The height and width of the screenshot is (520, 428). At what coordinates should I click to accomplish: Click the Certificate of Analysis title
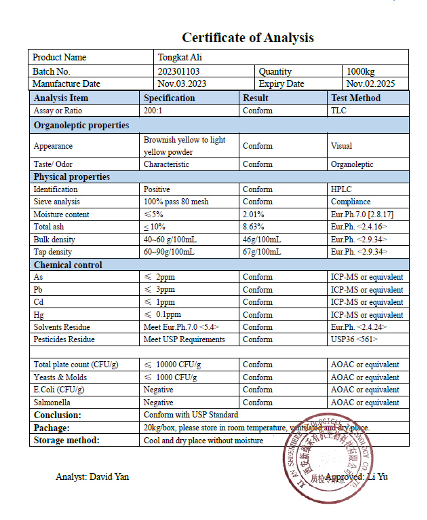(x=248, y=37)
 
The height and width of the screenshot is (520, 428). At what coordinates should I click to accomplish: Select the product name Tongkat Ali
(x=180, y=58)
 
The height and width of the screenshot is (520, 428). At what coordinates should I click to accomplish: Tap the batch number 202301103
(x=180, y=71)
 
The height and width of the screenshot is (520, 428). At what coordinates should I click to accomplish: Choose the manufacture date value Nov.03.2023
(x=182, y=84)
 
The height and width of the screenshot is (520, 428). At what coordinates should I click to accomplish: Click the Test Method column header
(x=355, y=98)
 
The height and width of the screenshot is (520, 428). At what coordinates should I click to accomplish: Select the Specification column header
(x=169, y=98)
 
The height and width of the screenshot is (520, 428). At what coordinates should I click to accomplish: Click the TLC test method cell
(x=338, y=111)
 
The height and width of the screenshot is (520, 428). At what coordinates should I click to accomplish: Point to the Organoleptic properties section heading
(x=81, y=125)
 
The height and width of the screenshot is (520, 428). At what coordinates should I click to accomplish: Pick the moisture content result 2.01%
(x=253, y=215)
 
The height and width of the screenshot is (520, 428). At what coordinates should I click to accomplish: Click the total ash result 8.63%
(x=253, y=227)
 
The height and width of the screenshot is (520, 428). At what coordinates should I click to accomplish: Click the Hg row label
(x=39, y=315)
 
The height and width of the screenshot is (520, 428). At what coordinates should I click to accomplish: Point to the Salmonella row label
(x=52, y=403)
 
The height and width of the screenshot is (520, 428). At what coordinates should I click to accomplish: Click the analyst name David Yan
(x=92, y=477)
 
